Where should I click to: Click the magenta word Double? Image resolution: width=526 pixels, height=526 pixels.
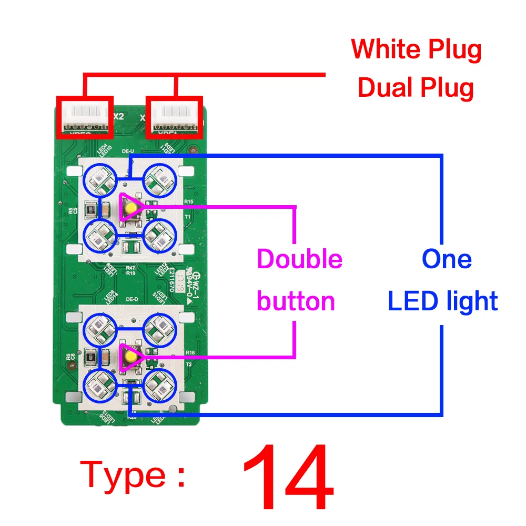(299, 259)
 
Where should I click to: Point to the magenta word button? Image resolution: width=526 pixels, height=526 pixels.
(296, 301)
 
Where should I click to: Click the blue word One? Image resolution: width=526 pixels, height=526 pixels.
(447, 259)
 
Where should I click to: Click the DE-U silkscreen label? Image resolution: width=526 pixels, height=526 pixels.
(129, 151)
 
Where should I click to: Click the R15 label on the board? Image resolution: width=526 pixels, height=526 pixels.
(189, 201)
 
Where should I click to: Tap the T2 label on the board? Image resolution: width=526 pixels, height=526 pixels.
(188, 364)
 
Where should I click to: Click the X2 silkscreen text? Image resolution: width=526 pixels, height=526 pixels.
(118, 116)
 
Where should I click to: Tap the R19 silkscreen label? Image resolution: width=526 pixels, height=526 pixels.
(130, 274)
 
